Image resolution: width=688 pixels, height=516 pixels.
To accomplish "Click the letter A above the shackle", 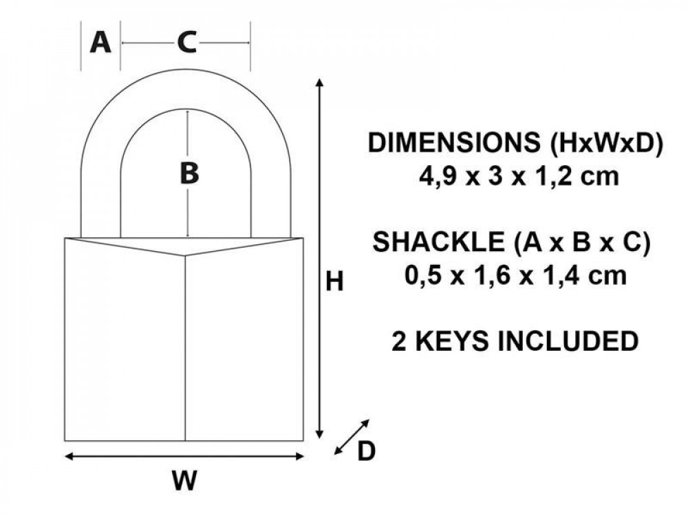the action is coord(100,43).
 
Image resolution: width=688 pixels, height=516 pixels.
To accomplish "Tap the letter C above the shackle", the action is coord(187,43).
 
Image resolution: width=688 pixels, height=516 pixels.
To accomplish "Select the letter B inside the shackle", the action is coord(189,173).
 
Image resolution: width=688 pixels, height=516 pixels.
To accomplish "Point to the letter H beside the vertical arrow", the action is coord(334,281).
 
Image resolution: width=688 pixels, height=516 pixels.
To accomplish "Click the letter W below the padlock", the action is coord(184,480).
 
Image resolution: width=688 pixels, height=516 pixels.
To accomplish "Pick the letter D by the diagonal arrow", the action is coord(367,451).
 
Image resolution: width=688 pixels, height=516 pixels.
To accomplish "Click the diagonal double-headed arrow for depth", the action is coord(352,437).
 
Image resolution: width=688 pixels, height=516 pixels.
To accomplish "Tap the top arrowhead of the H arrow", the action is coord(320,82).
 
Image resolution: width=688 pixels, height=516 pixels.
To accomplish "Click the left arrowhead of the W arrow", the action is coord(69,457).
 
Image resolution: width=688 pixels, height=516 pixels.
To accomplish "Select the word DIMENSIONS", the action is coord(454,142).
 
